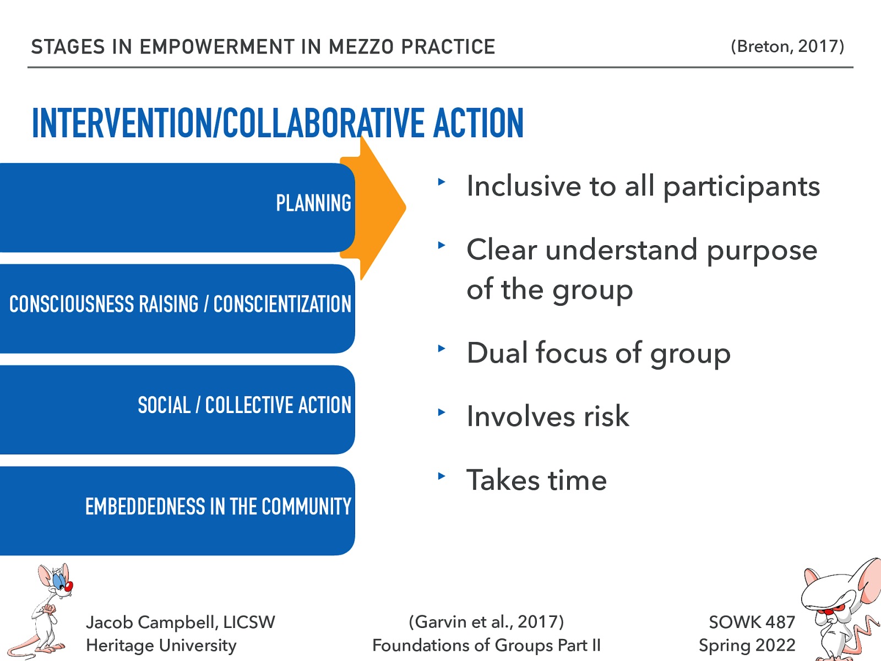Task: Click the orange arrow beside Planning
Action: coord(380,208)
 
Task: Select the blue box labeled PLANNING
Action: coord(176,207)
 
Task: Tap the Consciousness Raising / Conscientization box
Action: coord(176,308)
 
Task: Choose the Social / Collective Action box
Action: coord(176,409)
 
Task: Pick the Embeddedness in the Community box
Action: coord(176,510)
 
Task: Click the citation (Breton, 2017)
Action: coord(787,46)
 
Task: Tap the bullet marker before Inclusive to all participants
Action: coord(441,181)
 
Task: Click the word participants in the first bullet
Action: coord(741,187)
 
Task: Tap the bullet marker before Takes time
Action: coord(441,475)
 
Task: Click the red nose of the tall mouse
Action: coord(69,586)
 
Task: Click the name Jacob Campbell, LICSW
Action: coord(180,622)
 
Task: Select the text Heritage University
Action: coord(161,645)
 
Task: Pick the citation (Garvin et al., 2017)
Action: coord(486,622)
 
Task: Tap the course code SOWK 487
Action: coord(752,622)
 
